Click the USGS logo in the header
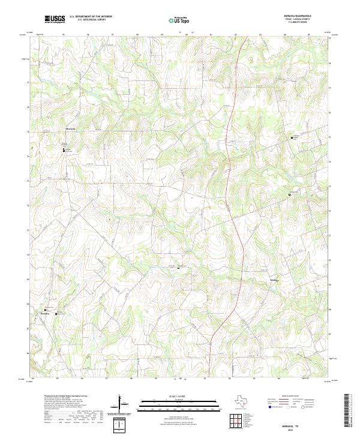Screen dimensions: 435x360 [x=55, y=20]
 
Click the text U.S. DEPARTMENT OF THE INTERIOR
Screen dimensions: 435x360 [x=91, y=17]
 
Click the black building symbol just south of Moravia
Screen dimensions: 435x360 [x=63, y=149]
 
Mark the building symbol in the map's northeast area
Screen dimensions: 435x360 [x=290, y=137]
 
